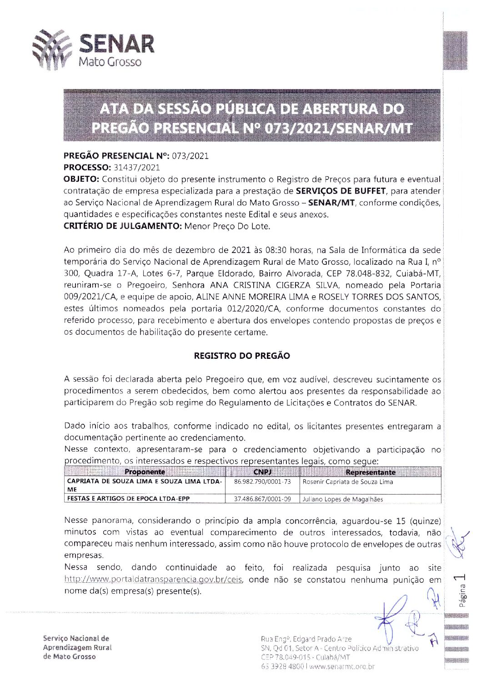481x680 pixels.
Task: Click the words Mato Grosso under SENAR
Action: coord(110,61)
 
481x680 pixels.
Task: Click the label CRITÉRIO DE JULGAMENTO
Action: coord(122,226)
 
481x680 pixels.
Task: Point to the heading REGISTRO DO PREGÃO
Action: coord(241,356)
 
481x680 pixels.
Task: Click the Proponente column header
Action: coord(145,472)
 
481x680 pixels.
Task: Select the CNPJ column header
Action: coord(262,472)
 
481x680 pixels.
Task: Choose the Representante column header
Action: coord(370,472)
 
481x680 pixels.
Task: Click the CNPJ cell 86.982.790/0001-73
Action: coord(262,481)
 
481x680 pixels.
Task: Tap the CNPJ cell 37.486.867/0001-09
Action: coord(262,499)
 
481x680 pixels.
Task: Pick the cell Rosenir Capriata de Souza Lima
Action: coord(348,482)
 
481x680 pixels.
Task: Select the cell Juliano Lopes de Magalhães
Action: coord(343,499)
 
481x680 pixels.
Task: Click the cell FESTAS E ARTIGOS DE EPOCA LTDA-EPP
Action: coord(128,498)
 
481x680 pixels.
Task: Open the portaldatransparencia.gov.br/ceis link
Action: coord(153,580)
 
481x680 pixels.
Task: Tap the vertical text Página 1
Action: coord(462,591)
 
